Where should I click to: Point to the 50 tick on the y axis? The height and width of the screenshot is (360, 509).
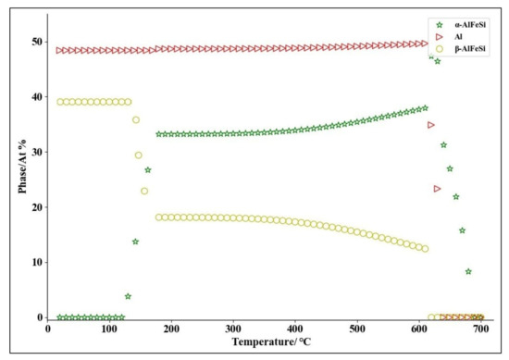click(x=38, y=42)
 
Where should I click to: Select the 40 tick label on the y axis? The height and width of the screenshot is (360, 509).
click(x=38, y=96)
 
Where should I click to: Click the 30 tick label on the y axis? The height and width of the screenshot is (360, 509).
click(x=38, y=152)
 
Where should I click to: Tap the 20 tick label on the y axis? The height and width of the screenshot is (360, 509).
click(x=38, y=207)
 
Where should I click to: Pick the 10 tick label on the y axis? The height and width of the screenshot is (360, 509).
click(x=38, y=262)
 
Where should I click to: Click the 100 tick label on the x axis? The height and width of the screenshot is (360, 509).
click(x=109, y=328)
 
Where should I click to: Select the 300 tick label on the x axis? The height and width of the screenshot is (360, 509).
click(x=233, y=328)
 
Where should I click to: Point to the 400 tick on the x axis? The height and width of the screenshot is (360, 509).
click(x=294, y=328)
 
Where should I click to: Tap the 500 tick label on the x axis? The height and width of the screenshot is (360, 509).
click(x=356, y=328)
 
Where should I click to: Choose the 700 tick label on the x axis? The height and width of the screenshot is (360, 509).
click(x=480, y=328)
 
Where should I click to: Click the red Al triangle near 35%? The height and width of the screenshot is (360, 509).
click(x=431, y=124)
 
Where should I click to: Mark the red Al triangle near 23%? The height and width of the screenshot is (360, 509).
click(x=438, y=189)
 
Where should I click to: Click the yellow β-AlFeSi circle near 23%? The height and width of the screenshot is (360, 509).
click(x=144, y=191)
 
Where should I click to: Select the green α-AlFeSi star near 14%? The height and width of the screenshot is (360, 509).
click(x=135, y=242)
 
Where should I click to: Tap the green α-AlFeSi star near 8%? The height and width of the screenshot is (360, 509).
click(x=468, y=271)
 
